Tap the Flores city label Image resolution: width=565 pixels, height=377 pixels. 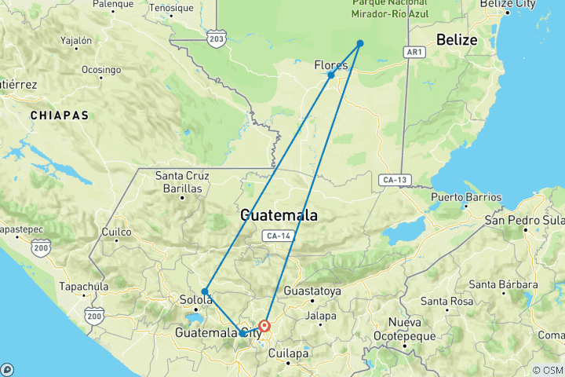pos(330,65)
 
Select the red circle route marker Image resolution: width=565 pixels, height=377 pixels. pos(265,325)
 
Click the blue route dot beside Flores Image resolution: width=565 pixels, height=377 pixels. pos(331,75)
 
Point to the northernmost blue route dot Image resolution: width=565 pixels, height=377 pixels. pos(360,43)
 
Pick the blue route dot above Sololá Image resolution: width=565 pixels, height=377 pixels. pos(204,291)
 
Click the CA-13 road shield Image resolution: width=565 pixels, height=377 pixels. pos(394,179)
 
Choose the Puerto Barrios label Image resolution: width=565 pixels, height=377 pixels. pos(466,197)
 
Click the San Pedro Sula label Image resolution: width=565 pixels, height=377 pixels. pos(524,219)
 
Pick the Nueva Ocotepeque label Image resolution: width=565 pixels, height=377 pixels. pos(404,330)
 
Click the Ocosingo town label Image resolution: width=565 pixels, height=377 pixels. pos(100,69)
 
